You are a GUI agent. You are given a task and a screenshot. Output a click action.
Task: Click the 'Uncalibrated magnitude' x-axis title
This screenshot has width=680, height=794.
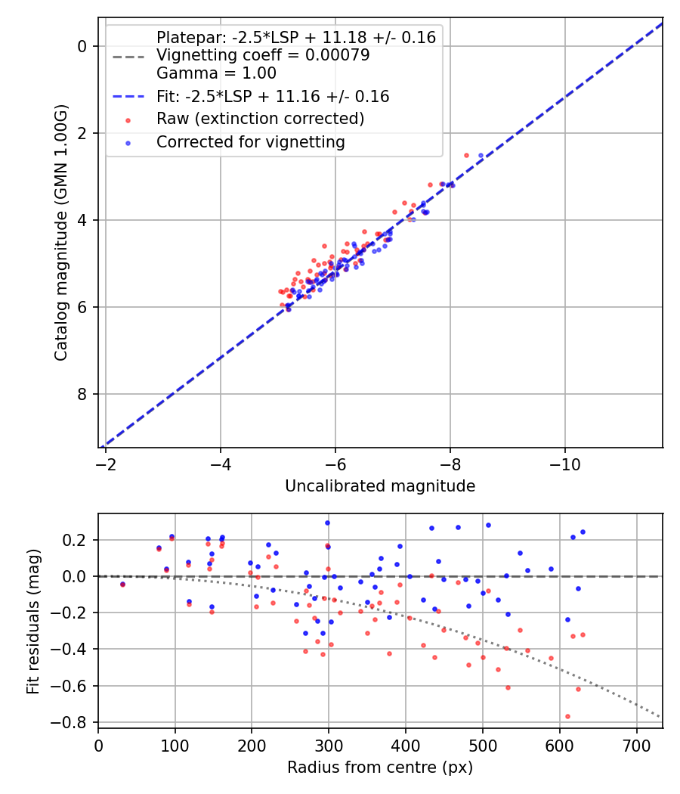tap(380, 486)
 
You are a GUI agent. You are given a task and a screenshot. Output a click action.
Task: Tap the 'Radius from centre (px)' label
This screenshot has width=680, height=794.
tap(380, 768)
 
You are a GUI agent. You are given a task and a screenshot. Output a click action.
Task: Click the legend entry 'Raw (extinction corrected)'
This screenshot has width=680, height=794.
tap(260, 119)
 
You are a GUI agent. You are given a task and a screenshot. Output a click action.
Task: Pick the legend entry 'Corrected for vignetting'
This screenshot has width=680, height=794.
tap(250, 141)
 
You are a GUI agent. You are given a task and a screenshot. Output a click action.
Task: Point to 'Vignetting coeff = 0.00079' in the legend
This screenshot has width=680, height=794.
tap(262, 55)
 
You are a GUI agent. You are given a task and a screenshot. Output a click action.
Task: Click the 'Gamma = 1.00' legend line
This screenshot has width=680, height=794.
tap(216, 73)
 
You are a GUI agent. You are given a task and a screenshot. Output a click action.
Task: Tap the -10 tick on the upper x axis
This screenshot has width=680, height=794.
tap(565, 463)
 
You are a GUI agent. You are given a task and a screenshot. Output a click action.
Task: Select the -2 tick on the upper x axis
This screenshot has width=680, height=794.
tap(106, 463)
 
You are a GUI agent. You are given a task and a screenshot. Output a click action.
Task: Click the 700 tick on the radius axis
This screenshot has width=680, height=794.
tap(636, 745)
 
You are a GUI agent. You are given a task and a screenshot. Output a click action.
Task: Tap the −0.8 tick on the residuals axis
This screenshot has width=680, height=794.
tap(76, 722)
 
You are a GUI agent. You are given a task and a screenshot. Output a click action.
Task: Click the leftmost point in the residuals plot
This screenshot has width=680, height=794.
tap(122, 584)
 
